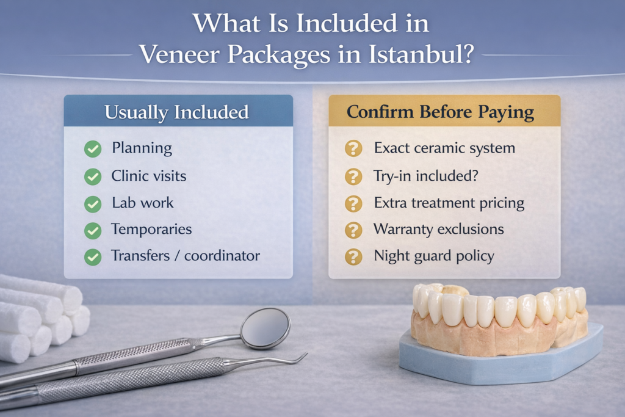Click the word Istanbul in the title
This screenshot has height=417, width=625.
pos(421,55)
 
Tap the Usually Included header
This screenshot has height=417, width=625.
pos(176,112)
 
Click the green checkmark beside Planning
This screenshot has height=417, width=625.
pos(93,148)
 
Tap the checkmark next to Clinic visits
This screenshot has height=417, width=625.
pos(93,177)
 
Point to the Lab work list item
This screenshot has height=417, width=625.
pos(142,203)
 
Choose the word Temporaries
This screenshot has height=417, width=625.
pos(151,230)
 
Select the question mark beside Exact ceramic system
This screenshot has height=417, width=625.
pos(353,148)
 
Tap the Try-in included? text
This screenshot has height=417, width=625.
pos(425,176)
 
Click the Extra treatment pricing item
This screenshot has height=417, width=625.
pos(449,203)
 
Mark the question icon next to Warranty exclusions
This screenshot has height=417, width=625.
pos(353,230)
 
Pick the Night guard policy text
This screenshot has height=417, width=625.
pos(433,256)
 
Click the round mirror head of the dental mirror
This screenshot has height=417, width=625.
pos(265,328)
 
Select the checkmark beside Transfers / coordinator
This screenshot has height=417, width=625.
pos(93,257)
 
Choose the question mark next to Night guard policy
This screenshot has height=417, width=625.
pos(353,257)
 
